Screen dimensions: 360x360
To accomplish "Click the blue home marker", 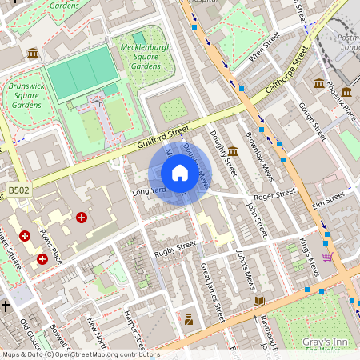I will pos(180,173).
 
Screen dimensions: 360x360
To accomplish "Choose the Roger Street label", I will pos(274,193).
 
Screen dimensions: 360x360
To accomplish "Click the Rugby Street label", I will pos(175,248).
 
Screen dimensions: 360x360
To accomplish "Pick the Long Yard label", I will pos(150,191).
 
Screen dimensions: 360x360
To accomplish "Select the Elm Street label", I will pos(328,198).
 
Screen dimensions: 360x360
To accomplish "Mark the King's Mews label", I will pos(309,256).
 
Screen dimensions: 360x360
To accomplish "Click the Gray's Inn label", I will pos(323,342).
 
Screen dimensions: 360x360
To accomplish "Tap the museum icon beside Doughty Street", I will pos(232,151).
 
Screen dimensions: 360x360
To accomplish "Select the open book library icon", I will pos(258,302).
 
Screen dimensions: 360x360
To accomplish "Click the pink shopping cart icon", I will pos(326,257).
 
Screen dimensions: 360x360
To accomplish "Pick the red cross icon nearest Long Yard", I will pos(81,217).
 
